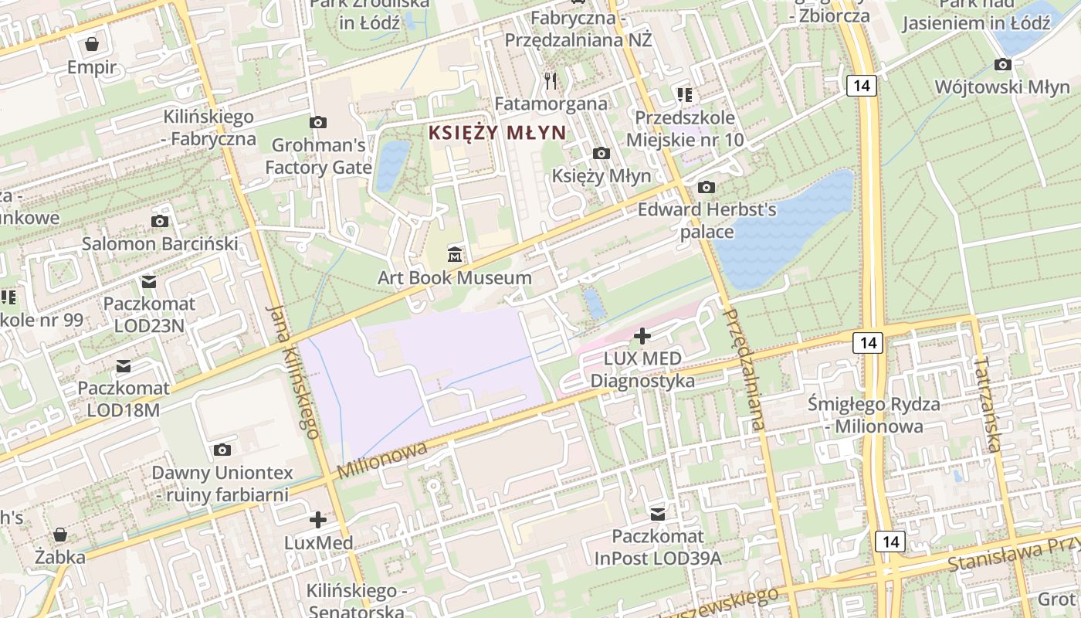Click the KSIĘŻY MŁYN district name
click(x=497, y=132)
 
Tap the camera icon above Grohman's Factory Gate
click(x=317, y=122)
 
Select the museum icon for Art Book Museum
click(x=455, y=253)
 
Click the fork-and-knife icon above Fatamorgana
click(x=551, y=80)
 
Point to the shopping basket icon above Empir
click(x=92, y=43)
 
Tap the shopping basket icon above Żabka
click(x=60, y=534)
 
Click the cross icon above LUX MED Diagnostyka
click(x=642, y=335)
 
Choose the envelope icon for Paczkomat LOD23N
click(x=149, y=281)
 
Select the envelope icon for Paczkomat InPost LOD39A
click(x=658, y=514)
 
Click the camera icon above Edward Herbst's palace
click(x=706, y=187)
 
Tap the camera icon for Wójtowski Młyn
click(x=1003, y=64)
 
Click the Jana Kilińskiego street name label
click(x=293, y=371)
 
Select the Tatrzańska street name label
click(x=988, y=403)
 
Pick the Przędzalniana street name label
click(x=744, y=369)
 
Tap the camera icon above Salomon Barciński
click(x=160, y=222)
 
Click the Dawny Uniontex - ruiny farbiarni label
click(x=222, y=483)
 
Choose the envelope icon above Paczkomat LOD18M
click(x=124, y=365)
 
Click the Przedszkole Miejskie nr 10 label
click(x=685, y=129)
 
